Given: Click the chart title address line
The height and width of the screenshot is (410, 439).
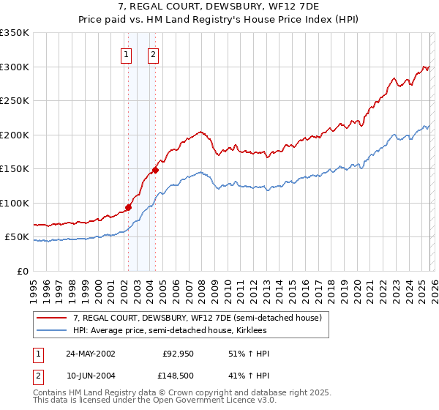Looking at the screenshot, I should click(x=219, y=8).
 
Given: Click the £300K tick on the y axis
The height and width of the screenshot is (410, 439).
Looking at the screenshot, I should click(x=15, y=67).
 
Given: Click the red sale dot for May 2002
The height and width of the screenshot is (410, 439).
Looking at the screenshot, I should click(x=128, y=207).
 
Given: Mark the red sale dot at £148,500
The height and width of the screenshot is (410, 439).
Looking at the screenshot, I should click(x=155, y=170).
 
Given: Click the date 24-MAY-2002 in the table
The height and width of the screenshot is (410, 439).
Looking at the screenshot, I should click(x=90, y=354).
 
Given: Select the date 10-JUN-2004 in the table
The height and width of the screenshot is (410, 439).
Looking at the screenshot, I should click(x=90, y=377).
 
